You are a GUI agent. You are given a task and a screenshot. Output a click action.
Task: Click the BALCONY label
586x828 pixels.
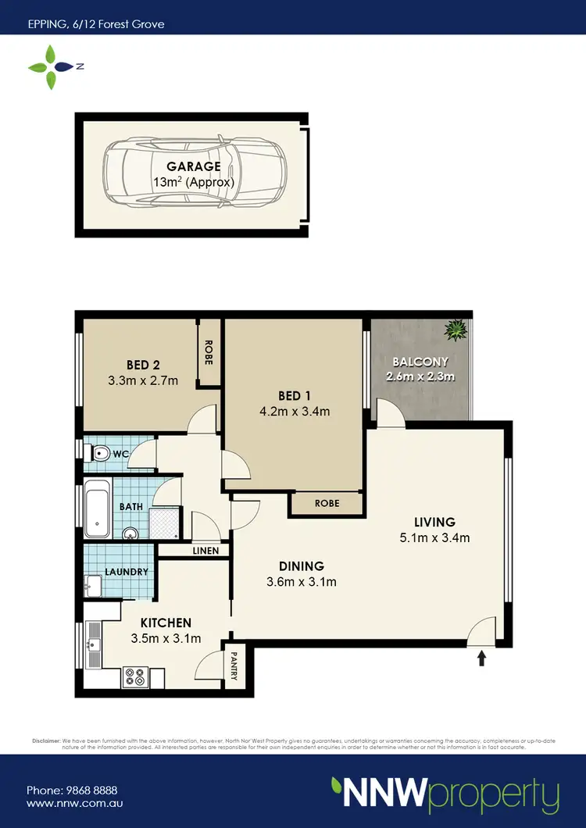(420, 362)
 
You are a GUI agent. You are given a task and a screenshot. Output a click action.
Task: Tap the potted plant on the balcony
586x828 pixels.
(455, 331)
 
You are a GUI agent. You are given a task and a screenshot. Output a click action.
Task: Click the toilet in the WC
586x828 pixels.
(98, 453)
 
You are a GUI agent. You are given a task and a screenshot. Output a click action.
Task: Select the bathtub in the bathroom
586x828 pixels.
(97, 510)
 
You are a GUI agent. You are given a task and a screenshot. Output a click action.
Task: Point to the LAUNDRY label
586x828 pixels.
(126, 572)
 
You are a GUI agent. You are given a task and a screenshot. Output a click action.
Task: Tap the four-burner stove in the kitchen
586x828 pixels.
(135, 676)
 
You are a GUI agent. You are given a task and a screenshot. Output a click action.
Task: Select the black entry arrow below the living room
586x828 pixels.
(481, 658)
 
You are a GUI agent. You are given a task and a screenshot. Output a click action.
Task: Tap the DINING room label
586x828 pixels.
(302, 566)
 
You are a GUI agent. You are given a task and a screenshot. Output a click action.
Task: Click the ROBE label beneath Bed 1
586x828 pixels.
(327, 504)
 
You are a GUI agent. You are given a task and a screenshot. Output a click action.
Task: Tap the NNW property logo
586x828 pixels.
(445, 794)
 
